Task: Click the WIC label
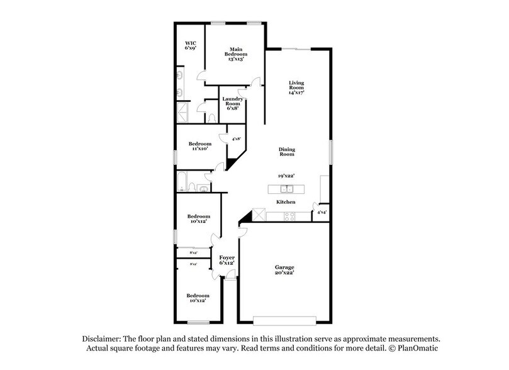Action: tap(191, 45)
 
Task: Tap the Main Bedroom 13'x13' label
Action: tap(236, 53)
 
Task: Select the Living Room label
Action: tap(296, 87)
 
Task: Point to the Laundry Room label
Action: tap(232, 103)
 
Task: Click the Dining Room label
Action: tap(287, 152)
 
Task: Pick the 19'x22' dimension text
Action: tap(287, 176)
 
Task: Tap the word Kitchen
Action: tap(287, 202)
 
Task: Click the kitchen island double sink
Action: tap(287, 189)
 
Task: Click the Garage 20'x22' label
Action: tap(284, 271)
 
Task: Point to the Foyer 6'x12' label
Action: tap(227, 261)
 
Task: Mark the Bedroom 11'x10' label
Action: tap(201, 146)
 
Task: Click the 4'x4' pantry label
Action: tap(321, 213)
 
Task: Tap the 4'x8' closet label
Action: tap(237, 138)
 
